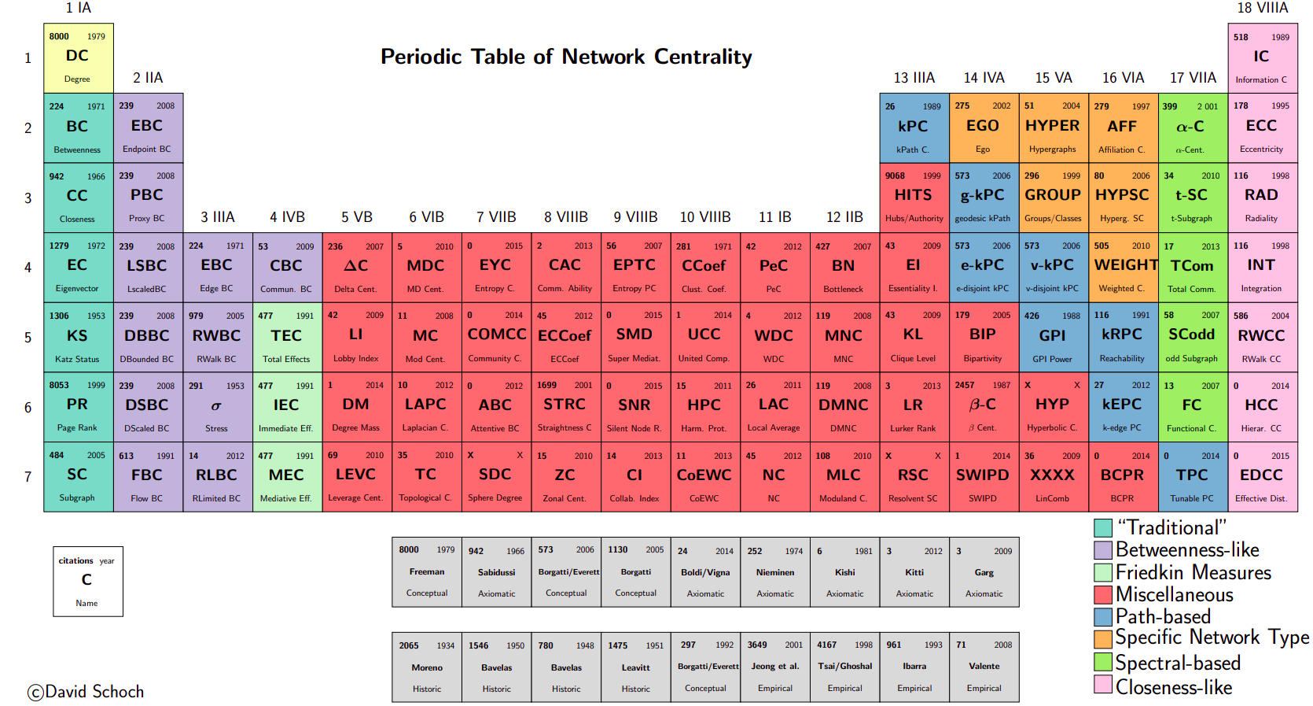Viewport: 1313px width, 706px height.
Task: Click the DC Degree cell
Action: [78, 57]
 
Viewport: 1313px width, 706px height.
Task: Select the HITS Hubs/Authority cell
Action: [914, 197]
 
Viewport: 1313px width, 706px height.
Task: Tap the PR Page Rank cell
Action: [78, 406]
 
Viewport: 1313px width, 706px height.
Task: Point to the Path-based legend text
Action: [1163, 616]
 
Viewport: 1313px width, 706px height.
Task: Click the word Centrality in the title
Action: [703, 57]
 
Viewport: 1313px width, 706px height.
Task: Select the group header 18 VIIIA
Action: [1262, 8]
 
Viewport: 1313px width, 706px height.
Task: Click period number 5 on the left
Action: [28, 337]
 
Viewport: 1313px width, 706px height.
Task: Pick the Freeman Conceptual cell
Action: [427, 572]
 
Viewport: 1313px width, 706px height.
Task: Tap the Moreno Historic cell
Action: [427, 667]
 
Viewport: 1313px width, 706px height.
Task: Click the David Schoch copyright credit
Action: [86, 692]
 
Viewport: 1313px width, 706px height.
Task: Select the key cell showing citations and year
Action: [87, 581]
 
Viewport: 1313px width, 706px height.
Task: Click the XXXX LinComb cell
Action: [1053, 476]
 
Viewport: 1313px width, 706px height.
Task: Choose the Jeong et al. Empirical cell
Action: [775, 667]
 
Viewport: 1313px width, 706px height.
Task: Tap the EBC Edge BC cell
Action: [217, 267]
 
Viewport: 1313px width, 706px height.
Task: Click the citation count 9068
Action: [895, 176]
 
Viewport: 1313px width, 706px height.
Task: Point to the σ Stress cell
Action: [217, 406]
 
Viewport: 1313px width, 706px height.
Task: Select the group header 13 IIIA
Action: [914, 78]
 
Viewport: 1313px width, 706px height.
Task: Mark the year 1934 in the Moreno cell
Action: [446, 645]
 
